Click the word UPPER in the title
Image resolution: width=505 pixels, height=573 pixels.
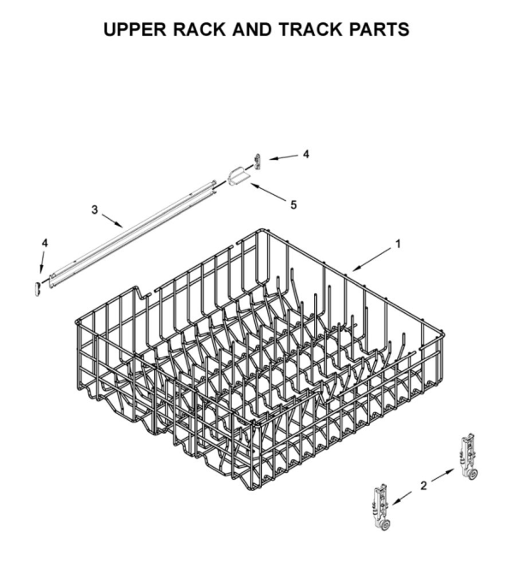(x=135, y=30)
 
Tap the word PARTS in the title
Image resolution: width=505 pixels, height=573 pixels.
(x=379, y=30)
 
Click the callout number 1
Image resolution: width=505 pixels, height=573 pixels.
(x=399, y=244)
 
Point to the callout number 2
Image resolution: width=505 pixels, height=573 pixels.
(x=424, y=486)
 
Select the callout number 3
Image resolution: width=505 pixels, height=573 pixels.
(x=95, y=210)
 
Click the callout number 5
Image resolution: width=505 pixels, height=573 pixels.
(x=294, y=205)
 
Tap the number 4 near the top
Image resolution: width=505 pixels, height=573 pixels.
(x=306, y=154)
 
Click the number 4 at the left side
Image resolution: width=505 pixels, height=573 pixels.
(x=45, y=243)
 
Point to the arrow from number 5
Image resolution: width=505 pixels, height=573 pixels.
(x=269, y=192)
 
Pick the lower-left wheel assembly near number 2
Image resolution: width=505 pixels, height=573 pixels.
(x=382, y=507)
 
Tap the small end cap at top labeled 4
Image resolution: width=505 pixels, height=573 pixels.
(x=258, y=161)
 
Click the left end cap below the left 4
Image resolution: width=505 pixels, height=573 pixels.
(x=38, y=288)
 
